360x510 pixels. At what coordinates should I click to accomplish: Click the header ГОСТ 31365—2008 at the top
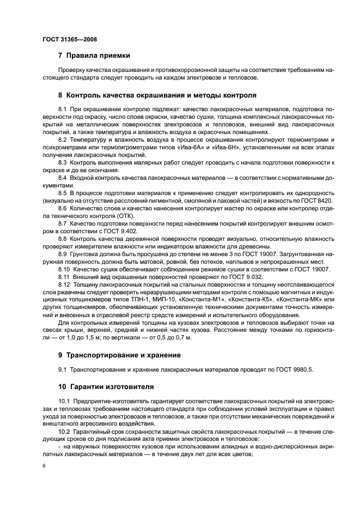pyautogui.click(x=69, y=39)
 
